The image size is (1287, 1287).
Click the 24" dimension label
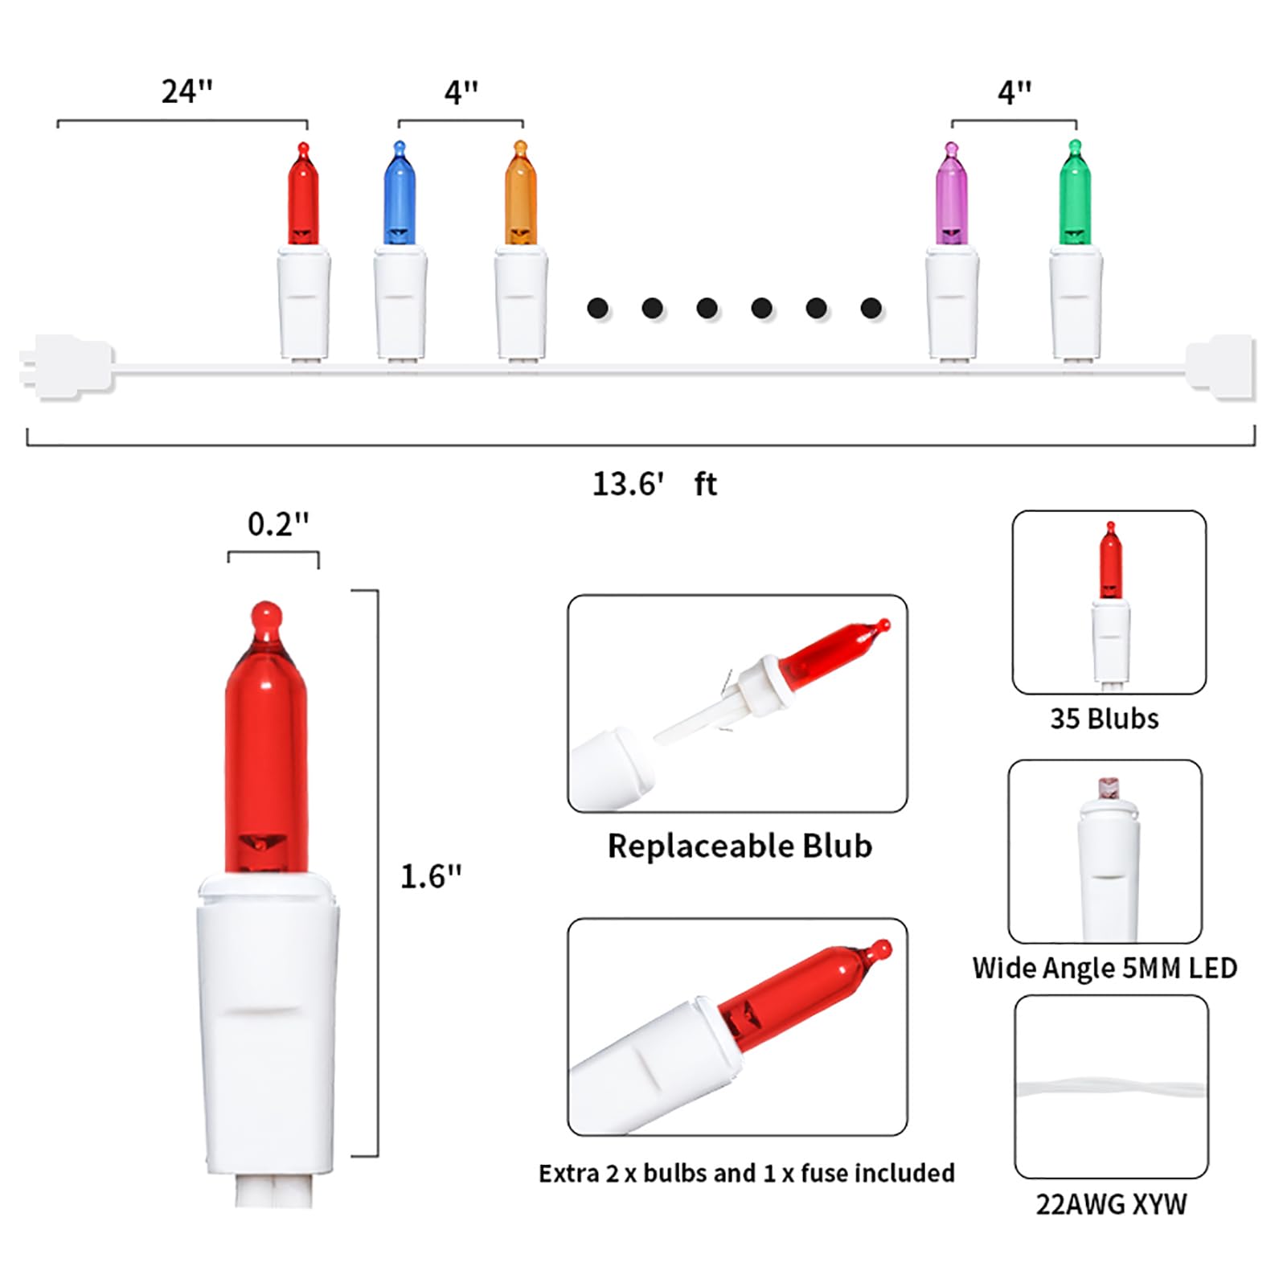click(187, 92)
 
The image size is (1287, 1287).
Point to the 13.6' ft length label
click(654, 484)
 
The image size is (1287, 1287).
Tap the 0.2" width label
click(278, 524)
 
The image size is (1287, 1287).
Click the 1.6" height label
click(432, 876)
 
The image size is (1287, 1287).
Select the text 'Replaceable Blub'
click(740, 846)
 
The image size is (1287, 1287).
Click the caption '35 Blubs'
click(1105, 719)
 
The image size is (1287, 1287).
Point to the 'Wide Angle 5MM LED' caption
click(1105, 968)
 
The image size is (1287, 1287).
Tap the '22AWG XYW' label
click(1111, 1204)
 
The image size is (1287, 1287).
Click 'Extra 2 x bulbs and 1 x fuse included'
click(747, 1173)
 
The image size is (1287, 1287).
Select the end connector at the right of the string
click(1220, 367)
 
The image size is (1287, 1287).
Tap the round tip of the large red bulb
click(266, 617)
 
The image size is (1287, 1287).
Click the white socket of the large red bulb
click(268, 1025)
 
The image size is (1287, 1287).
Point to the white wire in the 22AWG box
click(1111, 1090)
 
